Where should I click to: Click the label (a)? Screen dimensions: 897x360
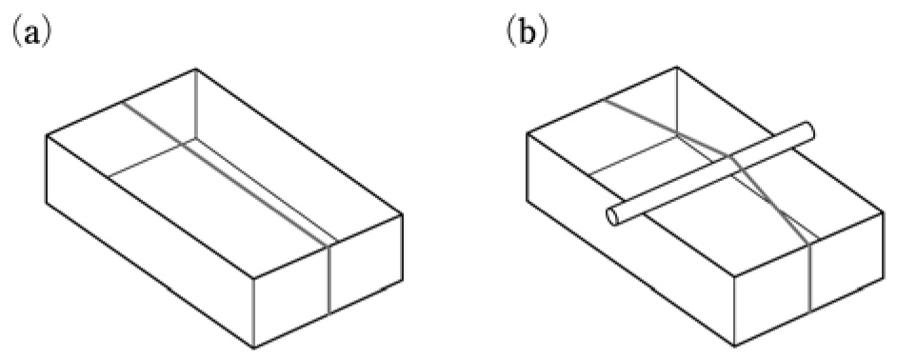point(31,34)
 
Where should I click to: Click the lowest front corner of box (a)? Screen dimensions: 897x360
point(253,347)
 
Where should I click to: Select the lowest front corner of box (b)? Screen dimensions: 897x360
point(734,346)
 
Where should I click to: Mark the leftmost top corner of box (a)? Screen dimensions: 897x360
point(47,135)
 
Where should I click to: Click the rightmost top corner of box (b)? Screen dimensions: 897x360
point(884,212)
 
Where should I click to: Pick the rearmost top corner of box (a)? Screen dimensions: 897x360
point(195,69)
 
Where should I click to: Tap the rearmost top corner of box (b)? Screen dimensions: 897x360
point(677,68)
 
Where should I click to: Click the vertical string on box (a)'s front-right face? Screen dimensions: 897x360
point(329,279)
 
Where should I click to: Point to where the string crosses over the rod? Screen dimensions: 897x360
point(730,157)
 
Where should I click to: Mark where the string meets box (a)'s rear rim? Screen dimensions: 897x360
point(123,101)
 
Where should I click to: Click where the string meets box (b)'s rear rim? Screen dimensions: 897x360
point(604,100)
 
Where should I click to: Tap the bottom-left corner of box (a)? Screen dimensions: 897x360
point(47,203)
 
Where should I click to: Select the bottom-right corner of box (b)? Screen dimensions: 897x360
point(884,279)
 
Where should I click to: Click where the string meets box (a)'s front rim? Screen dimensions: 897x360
point(329,246)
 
